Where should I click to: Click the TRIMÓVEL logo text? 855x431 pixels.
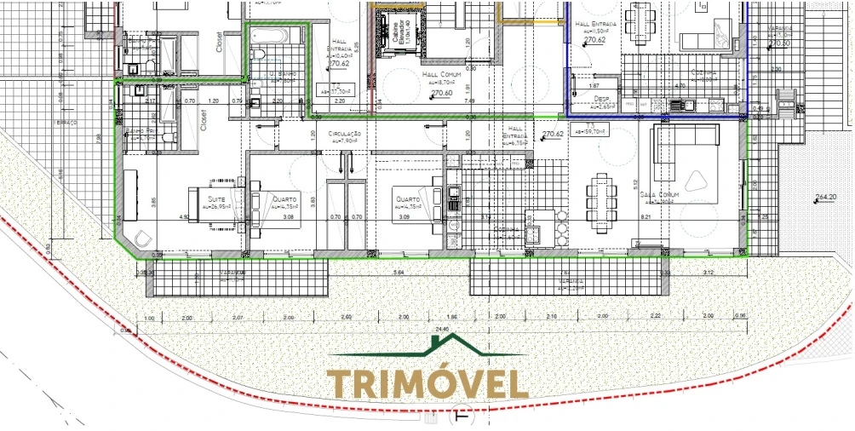427,383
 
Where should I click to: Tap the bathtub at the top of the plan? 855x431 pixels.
275,37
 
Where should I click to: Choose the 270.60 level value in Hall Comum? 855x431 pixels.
442,93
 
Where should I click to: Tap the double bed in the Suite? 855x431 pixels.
215,201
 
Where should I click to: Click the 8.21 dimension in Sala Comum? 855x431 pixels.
645,217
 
